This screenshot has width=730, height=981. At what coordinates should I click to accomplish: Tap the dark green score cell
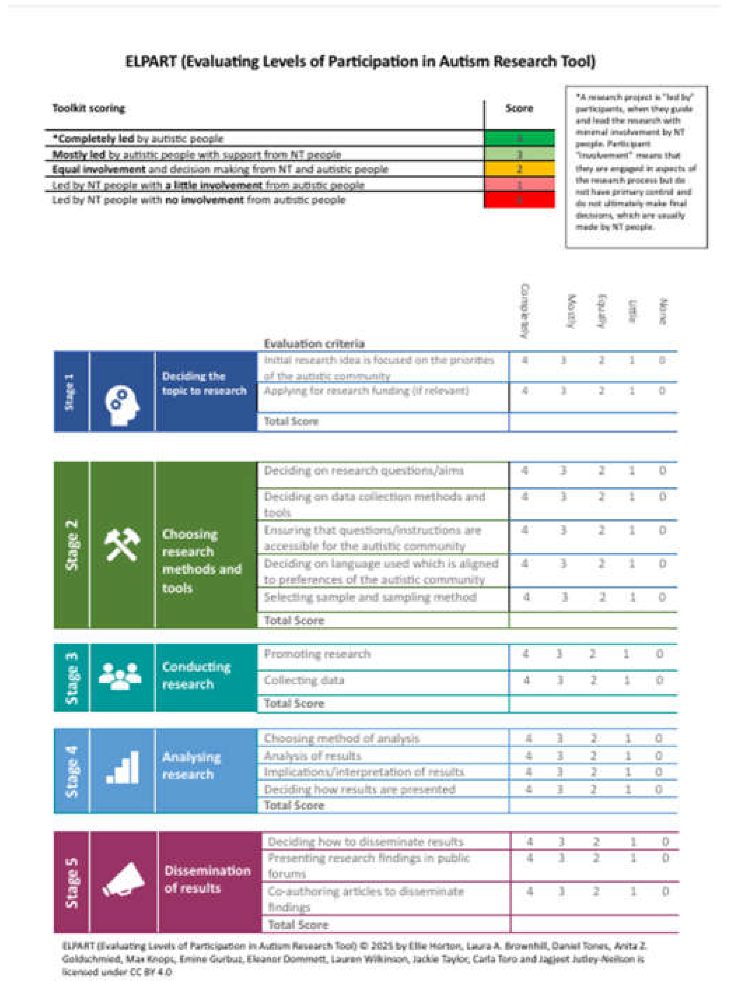tap(519, 138)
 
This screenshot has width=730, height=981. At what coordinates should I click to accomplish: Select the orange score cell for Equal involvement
tap(519, 169)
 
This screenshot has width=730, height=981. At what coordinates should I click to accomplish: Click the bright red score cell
tap(519, 200)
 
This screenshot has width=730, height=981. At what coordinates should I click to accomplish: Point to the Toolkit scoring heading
tap(89, 108)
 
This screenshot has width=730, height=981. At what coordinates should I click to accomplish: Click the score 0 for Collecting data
tap(659, 680)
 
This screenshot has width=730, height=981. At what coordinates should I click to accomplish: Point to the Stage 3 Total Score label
tap(294, 703)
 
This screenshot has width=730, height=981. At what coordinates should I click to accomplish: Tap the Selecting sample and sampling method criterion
tap(370, 597)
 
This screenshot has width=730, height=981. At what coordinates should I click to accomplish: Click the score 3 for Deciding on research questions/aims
tap(564, 470)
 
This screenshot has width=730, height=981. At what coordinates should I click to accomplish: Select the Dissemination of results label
tap(207, 879)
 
